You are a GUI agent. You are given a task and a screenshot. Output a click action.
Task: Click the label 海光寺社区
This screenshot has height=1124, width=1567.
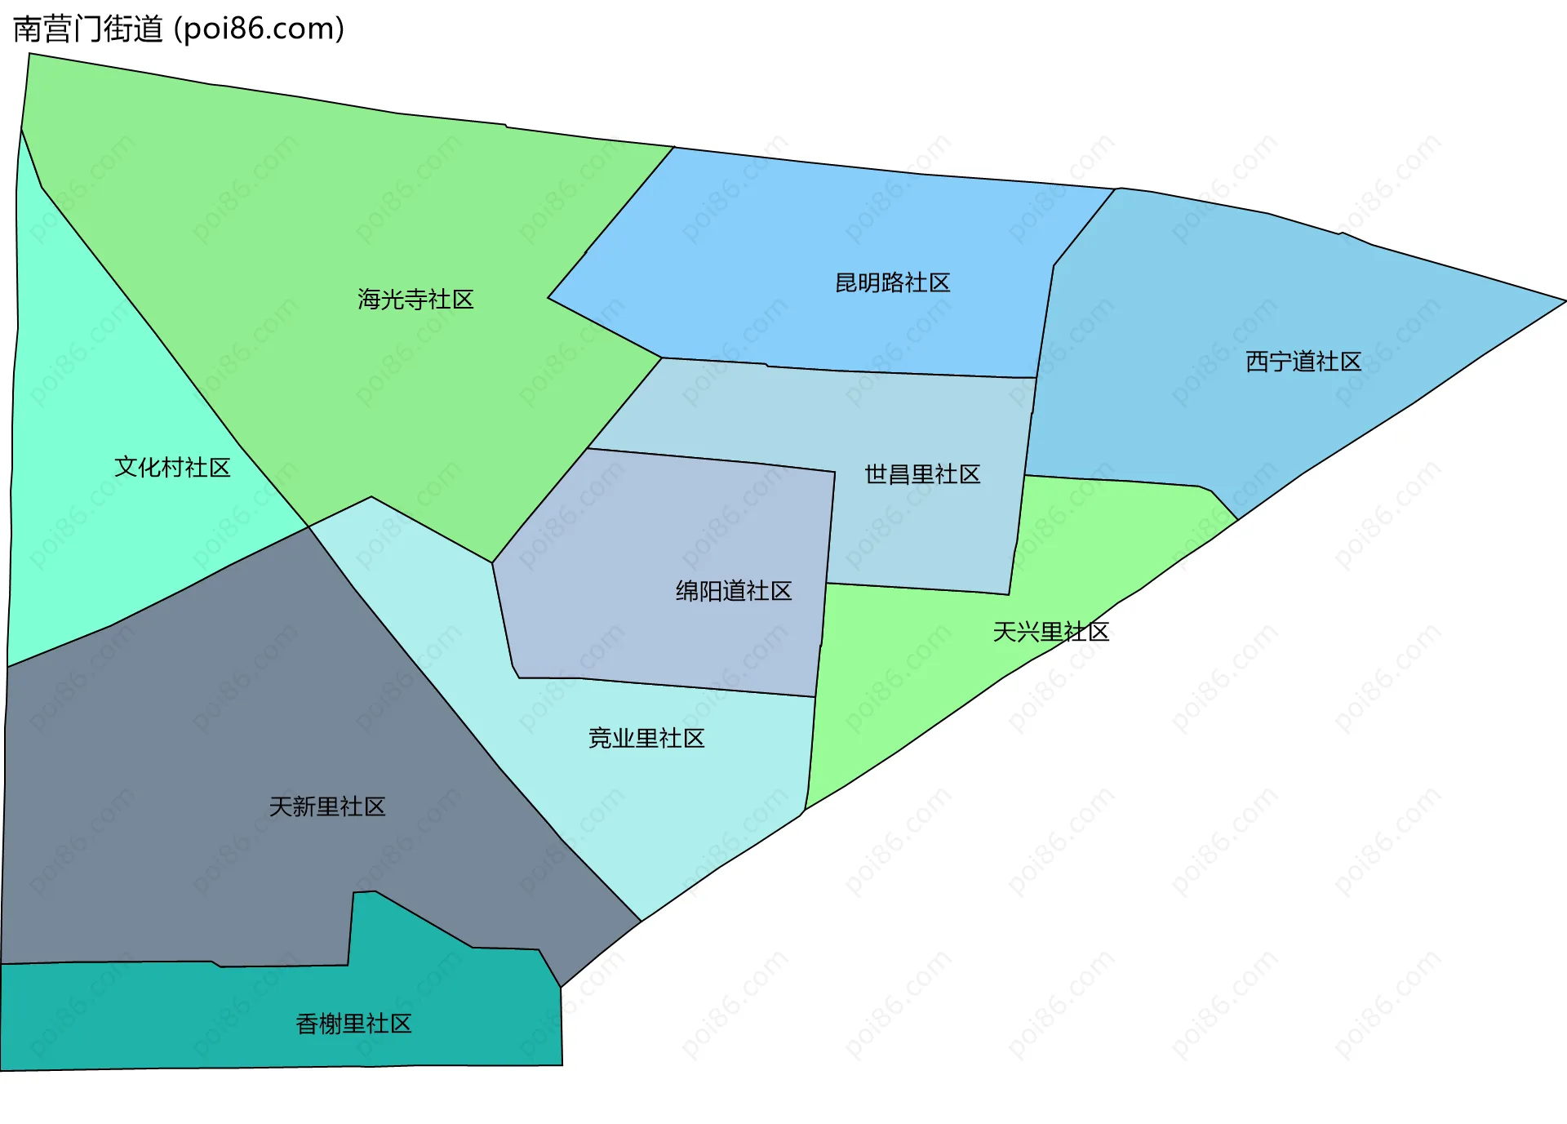(415, 300)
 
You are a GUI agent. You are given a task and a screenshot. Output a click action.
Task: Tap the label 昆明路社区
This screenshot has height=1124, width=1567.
(892, 282)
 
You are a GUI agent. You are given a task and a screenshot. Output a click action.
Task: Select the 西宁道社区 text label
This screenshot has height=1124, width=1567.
(1303, 362)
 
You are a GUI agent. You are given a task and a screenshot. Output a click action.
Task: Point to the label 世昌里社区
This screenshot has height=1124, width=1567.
(922, 474)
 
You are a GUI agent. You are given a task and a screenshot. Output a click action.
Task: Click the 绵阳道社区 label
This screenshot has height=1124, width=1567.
(734, 591)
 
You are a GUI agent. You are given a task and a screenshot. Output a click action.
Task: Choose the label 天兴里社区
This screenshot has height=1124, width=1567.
(1050, 632)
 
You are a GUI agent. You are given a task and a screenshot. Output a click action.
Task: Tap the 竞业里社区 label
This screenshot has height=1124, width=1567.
(646, 739)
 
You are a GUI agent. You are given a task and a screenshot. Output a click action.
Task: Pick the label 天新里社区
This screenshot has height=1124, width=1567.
(327, 807)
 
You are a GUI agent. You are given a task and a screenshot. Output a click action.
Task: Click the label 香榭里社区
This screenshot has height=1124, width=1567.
(353, 1024)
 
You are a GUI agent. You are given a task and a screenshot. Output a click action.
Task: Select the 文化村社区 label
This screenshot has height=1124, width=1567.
(172, 467)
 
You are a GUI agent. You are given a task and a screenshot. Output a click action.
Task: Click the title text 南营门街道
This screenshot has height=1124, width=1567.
(88, 29)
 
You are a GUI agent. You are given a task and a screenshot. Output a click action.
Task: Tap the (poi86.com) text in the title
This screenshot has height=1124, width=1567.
(260, 29)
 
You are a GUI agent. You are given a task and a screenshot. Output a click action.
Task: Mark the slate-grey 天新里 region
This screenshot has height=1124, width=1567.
(204, 735)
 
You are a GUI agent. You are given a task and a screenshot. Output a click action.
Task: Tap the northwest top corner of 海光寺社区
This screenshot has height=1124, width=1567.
(30, 55)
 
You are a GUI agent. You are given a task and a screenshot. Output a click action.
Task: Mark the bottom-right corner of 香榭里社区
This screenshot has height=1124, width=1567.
(562, 1064)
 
